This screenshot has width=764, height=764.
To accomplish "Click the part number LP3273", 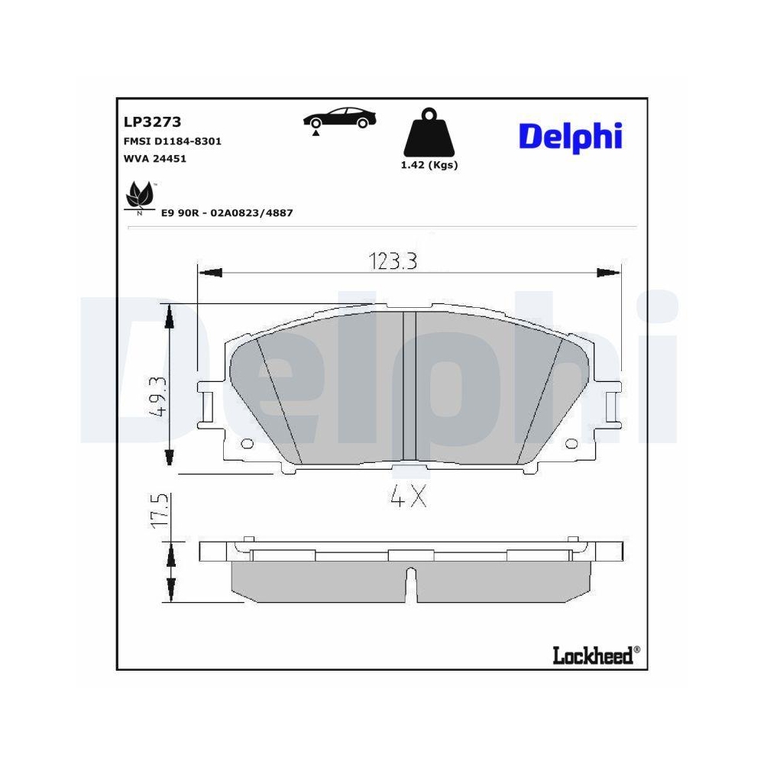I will [151, 121].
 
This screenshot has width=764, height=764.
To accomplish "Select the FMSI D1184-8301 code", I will [173, 141].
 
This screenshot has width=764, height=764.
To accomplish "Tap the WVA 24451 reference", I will [155, 159].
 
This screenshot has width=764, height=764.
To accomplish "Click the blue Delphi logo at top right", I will [571, 136].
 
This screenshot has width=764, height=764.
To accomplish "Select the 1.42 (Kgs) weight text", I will [429, 165].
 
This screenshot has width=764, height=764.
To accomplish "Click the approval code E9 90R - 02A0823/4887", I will [227, 213].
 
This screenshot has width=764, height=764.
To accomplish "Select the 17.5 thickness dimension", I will [157, 510].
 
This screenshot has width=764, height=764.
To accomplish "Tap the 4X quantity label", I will [407, 497].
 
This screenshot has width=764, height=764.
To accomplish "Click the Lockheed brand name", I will [592, 655].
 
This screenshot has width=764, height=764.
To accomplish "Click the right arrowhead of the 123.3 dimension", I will [608, 273].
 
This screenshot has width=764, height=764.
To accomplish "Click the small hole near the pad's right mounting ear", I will [571, 445].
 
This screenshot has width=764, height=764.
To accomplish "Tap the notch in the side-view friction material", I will [411, 582].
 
